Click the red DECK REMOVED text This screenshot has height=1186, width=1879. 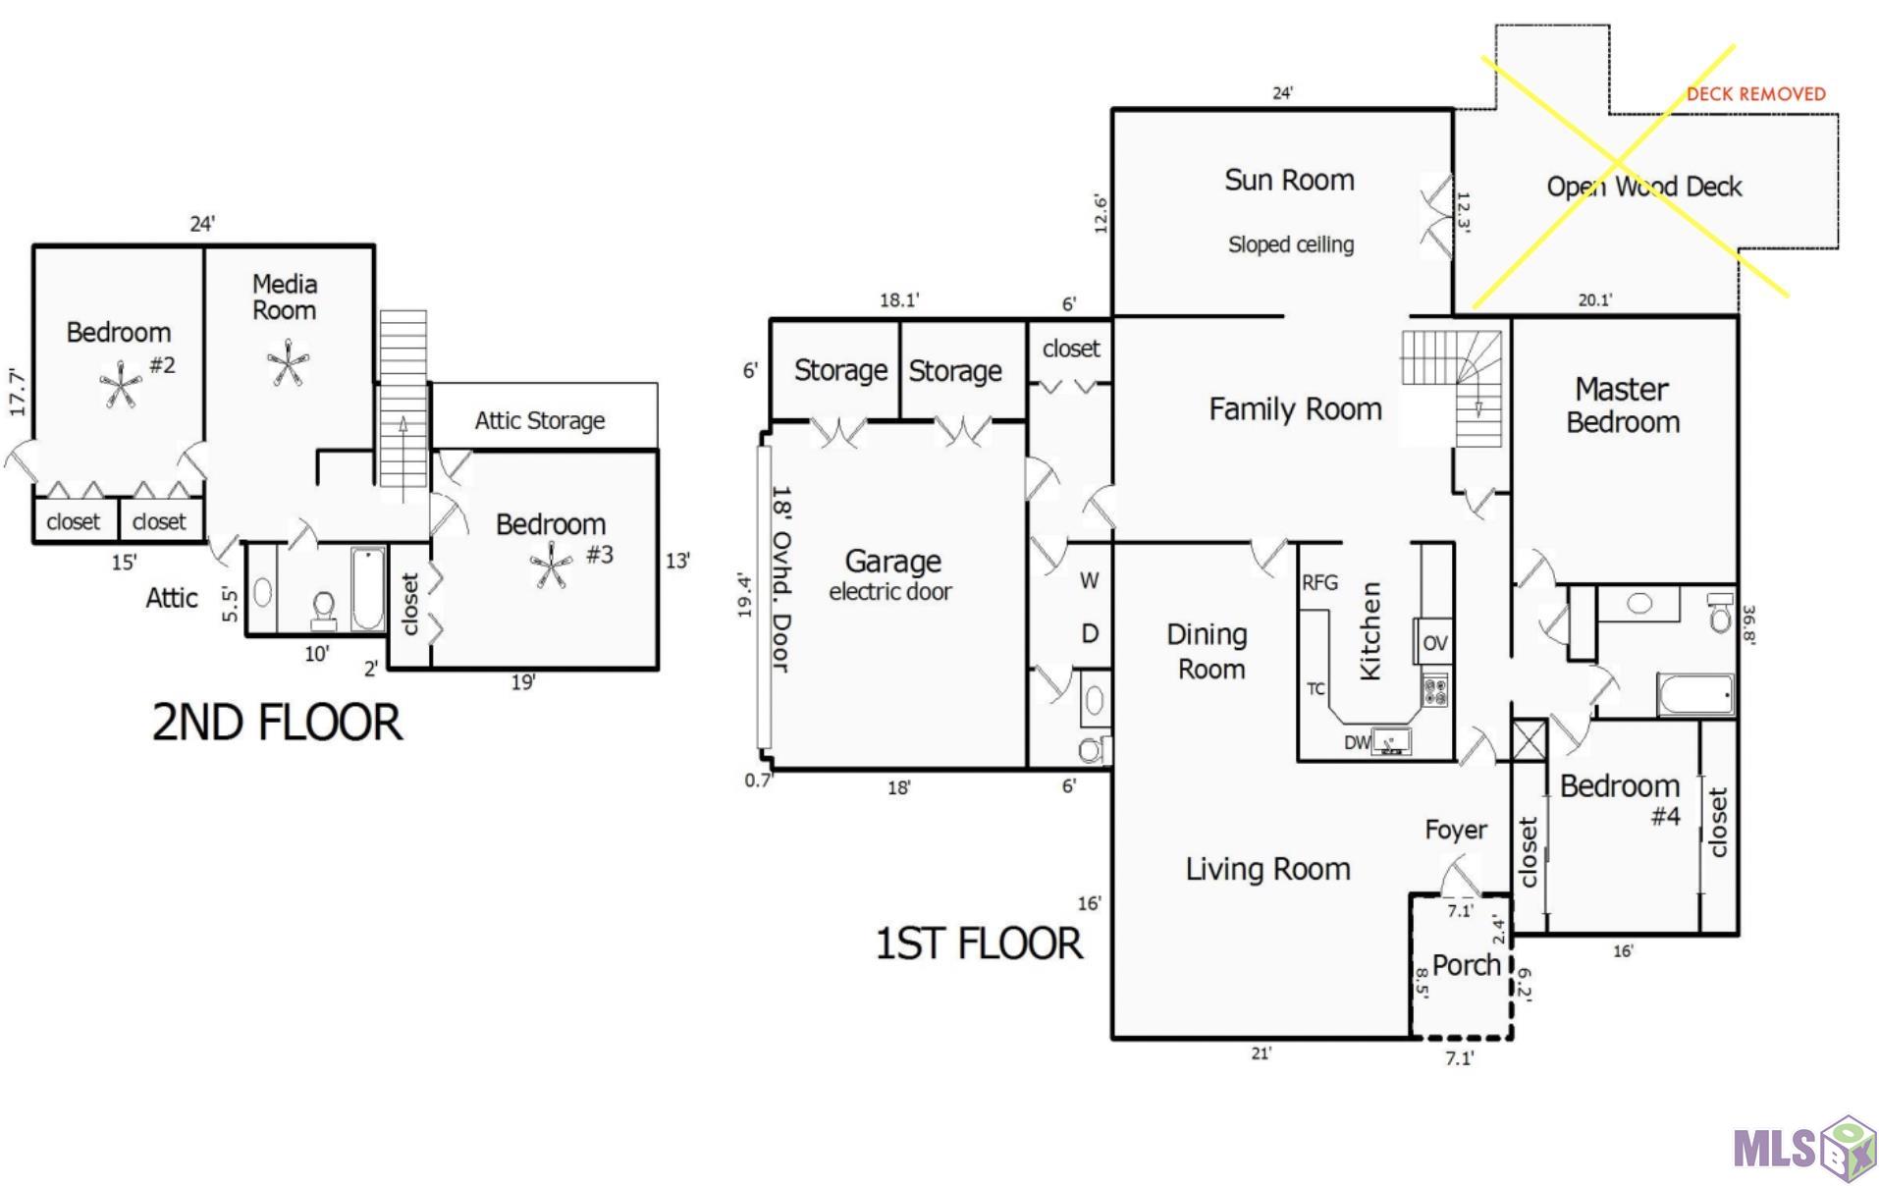tap(1755, 94)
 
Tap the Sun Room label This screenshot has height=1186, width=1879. tap(1289, 180)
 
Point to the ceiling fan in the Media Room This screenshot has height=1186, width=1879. tap(288, 363)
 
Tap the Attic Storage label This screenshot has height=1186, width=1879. tap(540, 420)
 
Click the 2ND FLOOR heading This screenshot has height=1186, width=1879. tap(277, 722)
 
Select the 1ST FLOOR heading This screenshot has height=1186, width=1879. tap(979, 943)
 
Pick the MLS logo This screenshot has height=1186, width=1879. tap(1804, 1148)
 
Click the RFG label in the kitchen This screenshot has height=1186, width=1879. tap(1319, 582)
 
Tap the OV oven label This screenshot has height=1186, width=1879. tap(1434, 643)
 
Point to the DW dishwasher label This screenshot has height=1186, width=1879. tap(1357, 742)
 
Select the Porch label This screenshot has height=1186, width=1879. tap(1466, 965)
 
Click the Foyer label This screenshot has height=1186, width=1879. tap(1455, 831)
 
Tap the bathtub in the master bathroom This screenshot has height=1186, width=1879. tap(1695, 695)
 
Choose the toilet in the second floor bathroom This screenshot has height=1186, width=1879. tap(323, 611)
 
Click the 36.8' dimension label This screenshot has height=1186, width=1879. tap(1748, 623)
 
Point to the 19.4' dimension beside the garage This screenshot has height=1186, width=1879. tap(745, 596)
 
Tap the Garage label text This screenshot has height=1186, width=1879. tap(892, 561)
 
